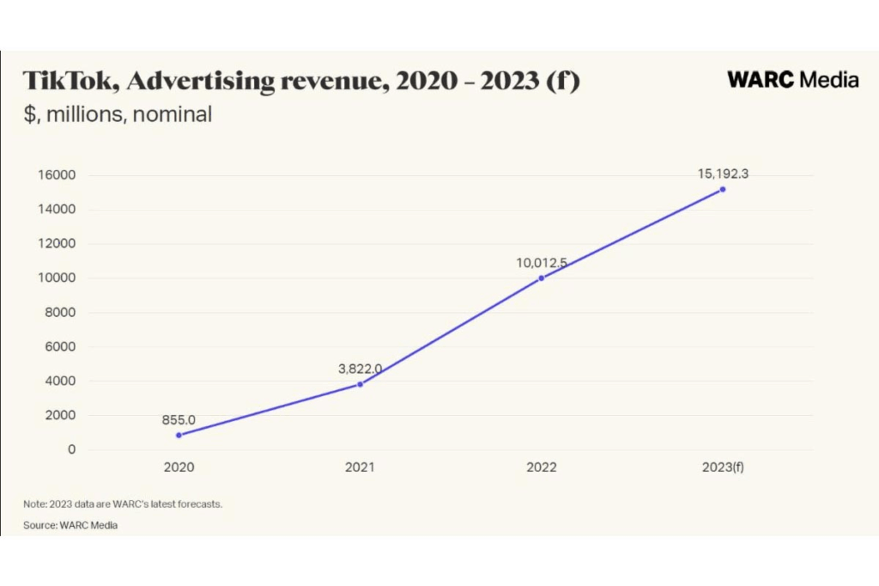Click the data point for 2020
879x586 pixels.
point(179,435)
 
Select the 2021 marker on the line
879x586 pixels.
point(360,384)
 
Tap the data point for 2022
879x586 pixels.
point(542,278)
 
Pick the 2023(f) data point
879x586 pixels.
point(723,189)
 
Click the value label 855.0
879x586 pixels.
point(179,420)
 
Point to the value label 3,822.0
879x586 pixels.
point(360,369)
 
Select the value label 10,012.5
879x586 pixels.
point(542,263)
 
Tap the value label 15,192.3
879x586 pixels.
point(723,174)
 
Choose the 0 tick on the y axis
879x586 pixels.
point(72,449)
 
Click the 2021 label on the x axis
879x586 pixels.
point(360,468)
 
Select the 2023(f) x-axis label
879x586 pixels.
point(723,468)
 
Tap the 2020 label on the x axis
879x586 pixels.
point(179,468)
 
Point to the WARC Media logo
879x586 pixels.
point(792,80)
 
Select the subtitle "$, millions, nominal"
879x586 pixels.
point(117,114)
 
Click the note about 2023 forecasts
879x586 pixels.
point(123,504)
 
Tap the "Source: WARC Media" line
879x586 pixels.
point(70,525)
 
